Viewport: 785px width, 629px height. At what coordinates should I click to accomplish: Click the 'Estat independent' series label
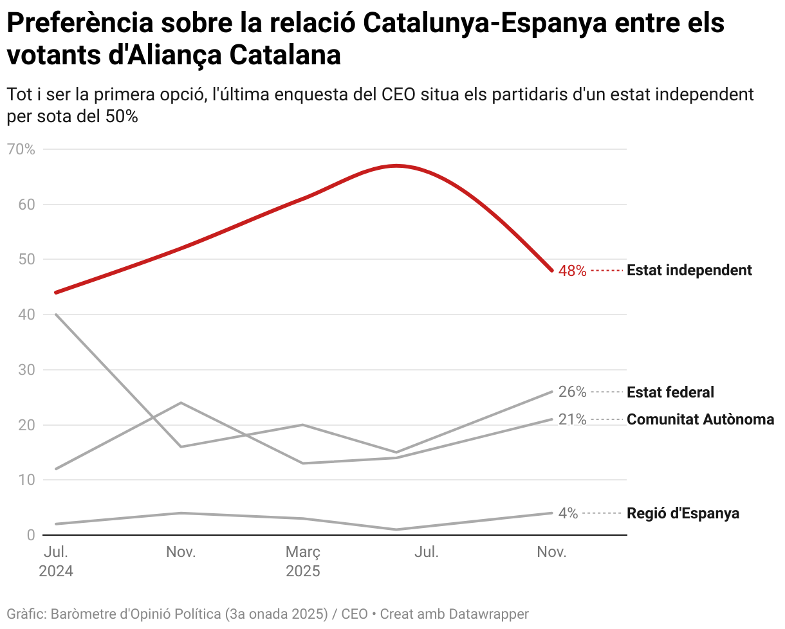click(x=689, y=270)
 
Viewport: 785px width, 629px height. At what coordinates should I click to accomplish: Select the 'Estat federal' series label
click(x=670, y=392)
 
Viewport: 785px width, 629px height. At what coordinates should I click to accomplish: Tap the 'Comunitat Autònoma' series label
click(x=700, y=420)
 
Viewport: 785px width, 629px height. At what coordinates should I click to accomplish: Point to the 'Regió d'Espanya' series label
click(x=683, y=513)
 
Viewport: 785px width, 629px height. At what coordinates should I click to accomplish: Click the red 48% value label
click(x=572, y=271)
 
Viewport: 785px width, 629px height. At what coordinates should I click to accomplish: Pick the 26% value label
click(x=572, y=392)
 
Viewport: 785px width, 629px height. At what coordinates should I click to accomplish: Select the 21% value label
click(x=572, y=420)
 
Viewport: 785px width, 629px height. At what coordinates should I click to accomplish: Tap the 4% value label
click(x=568, y=513)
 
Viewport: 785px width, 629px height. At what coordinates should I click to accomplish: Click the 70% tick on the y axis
click(x=21, y=150)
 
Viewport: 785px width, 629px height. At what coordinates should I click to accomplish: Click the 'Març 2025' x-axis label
click(x=303, y=561)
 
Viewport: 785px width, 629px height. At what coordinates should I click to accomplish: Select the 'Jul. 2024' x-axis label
click(x=56, y=561)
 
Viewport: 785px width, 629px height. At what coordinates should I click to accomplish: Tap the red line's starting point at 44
click(x=56, y=293)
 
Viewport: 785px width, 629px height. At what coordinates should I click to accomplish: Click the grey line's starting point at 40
click(x=56, y=314)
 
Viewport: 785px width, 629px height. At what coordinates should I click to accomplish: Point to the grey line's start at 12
click(x=56, y=469)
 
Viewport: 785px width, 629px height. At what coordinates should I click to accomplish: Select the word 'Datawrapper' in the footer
click(x=487, y=614)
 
